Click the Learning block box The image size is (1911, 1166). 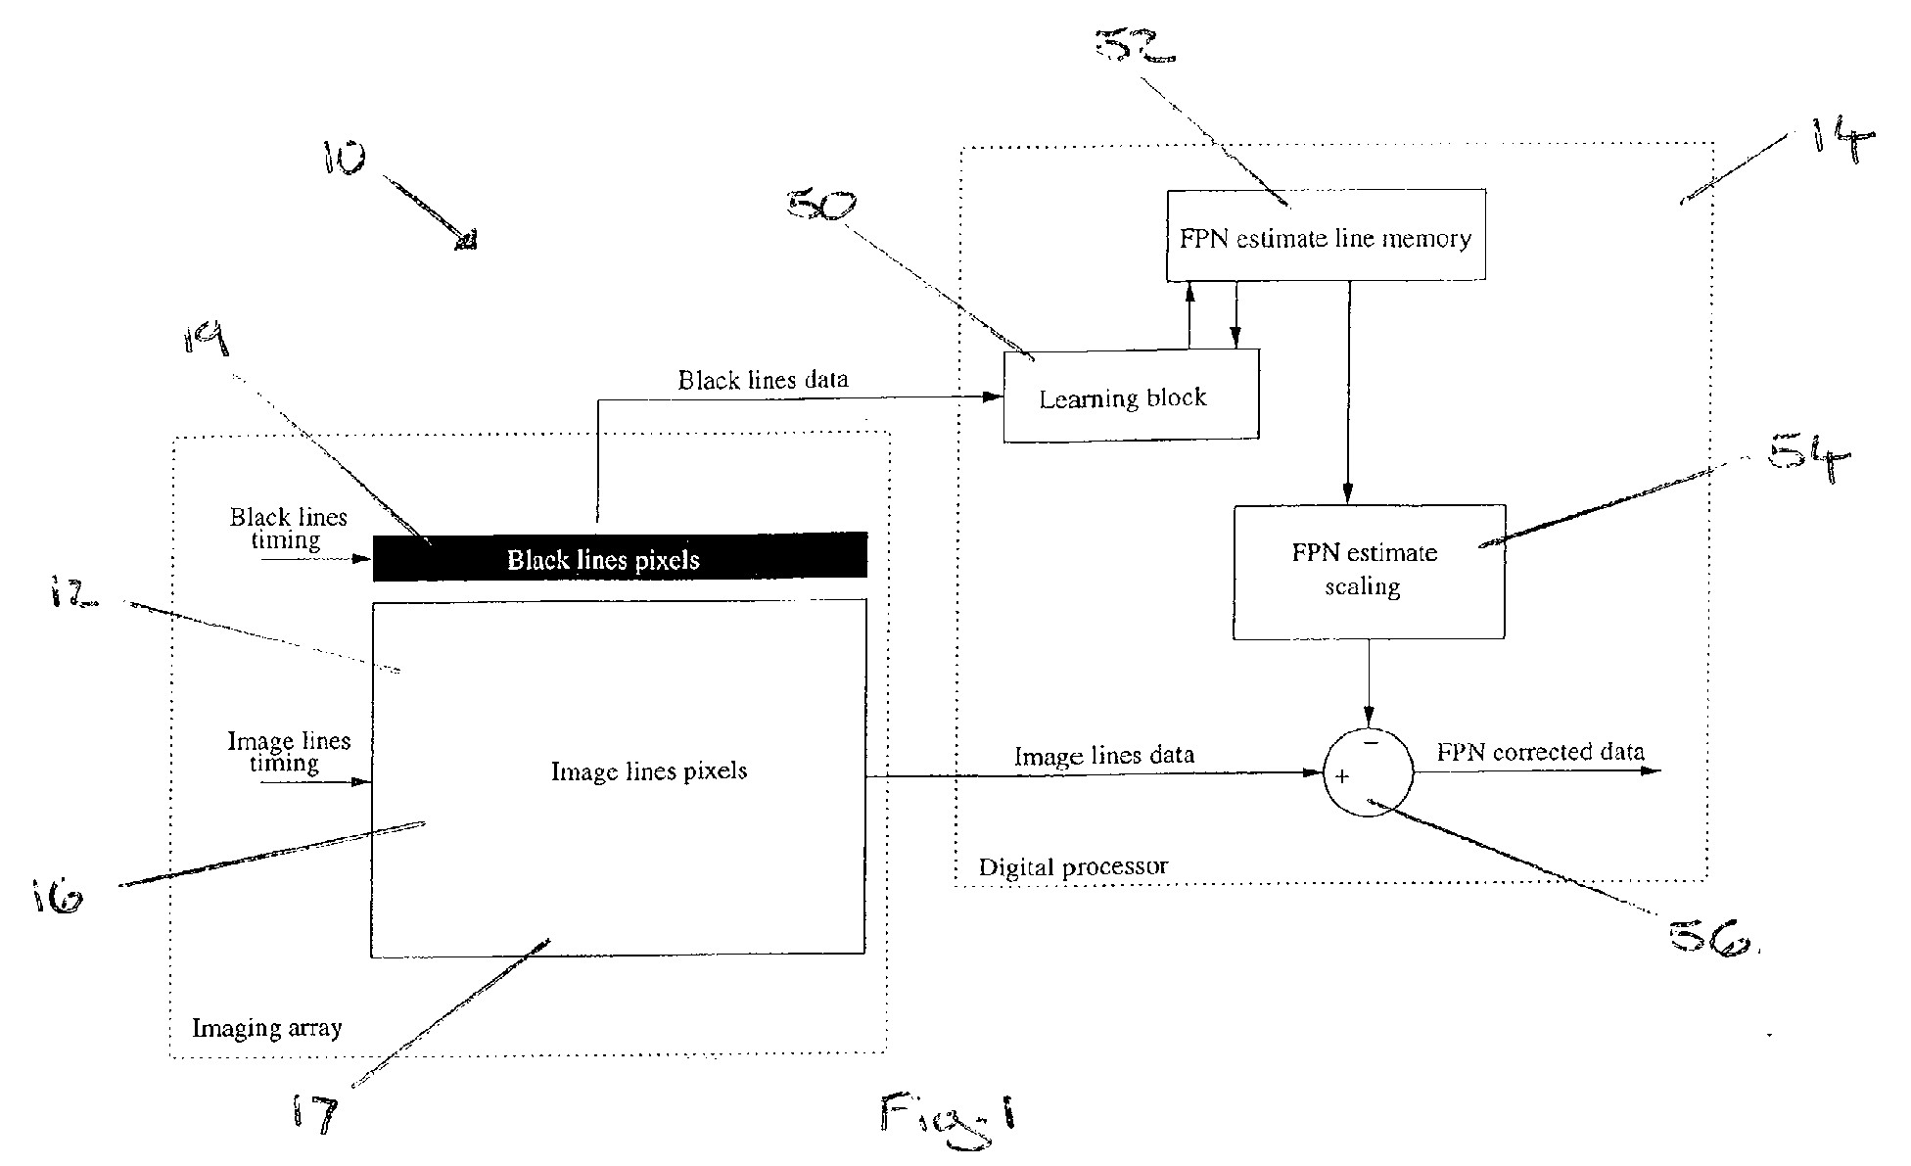point(1131,396)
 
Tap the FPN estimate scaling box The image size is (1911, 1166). point(1368,572)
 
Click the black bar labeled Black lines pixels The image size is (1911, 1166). point(620,557)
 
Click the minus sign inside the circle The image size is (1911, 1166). point(1371,743)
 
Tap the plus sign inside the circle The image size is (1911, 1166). point(1342,776)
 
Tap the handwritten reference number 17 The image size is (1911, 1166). point(315,1115)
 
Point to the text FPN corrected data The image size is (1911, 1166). point(1540,752)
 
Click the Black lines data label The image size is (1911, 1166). point(763,380)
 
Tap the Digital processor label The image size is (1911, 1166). point(1073,866)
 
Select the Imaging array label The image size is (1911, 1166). point(266,1027)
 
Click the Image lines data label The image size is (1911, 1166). point(1103,756)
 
